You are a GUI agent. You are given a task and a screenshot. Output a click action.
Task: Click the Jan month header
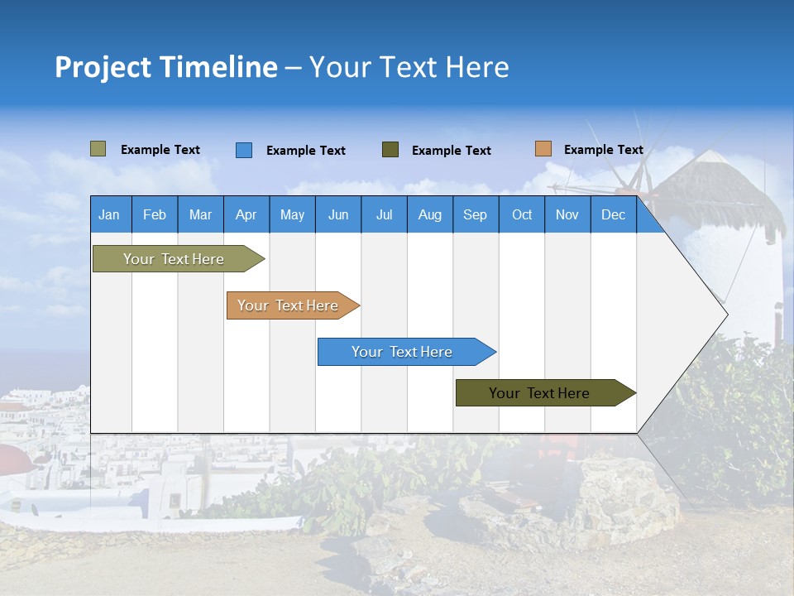[x=109, y=214]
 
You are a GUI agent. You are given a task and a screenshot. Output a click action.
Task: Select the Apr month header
[x=246, y=214]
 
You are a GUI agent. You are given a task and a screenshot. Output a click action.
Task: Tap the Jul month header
[x=384, y=214]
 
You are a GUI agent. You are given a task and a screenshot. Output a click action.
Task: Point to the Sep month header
[x=475, y=214]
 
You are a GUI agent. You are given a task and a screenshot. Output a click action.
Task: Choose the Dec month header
[x=613, y=214]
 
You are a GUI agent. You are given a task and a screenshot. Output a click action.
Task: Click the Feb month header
[x=155, y=214]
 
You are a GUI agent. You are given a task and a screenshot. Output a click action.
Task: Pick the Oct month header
[x=522, y=214]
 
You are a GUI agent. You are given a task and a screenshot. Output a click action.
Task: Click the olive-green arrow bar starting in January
[x=174, y=259]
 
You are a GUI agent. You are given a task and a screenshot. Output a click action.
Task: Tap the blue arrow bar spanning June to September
[x=402, y=352]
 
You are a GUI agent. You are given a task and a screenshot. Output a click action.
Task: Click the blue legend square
[x=244, y=150]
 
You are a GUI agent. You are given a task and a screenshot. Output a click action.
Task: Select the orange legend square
[x=543, y=149]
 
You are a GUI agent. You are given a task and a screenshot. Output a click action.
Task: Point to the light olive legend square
[x=98, y=149]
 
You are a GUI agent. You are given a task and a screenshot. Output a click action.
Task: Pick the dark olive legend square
[x=390, y=149]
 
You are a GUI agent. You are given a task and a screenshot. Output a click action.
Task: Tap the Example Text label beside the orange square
[x=603, y=150]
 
